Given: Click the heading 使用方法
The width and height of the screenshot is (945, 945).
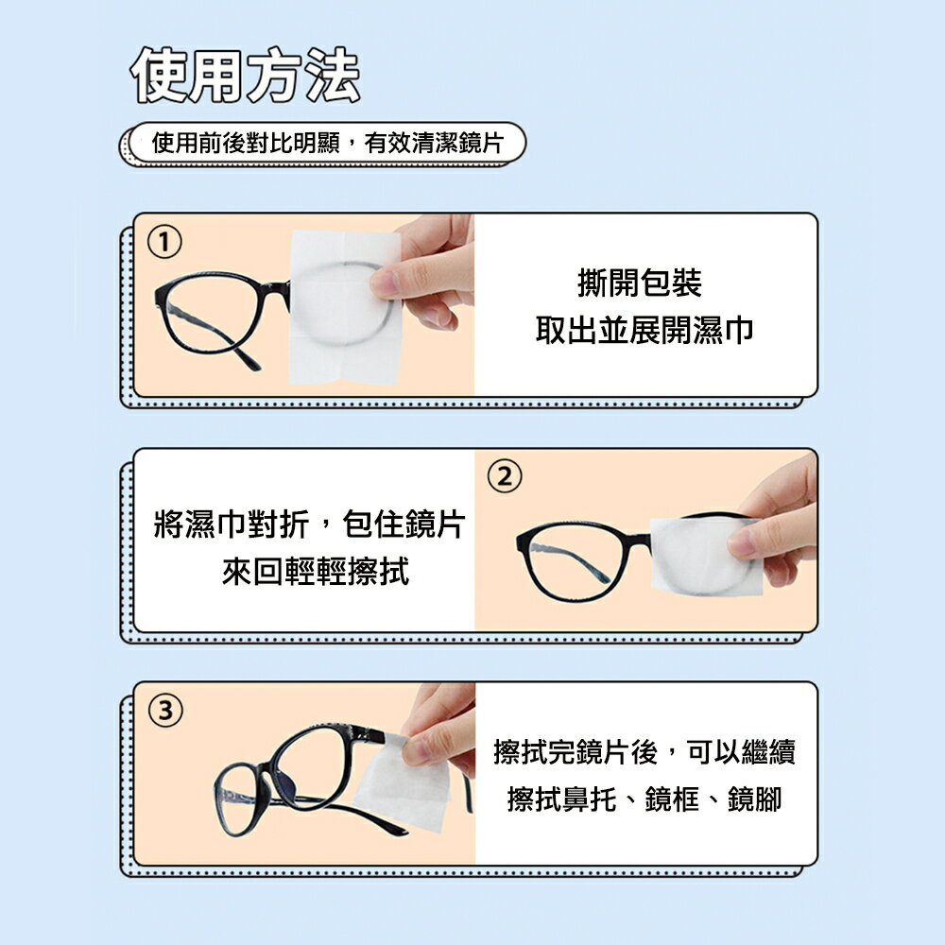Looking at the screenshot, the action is (x=245, y=75).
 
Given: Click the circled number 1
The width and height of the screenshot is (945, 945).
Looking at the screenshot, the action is (x=163, y=242).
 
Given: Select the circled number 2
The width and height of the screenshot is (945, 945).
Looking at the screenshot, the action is (x=505, y=476).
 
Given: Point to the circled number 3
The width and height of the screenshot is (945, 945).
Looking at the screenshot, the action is (x=165, y=711).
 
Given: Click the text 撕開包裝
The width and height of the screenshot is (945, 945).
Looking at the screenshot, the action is (x=640, y=283).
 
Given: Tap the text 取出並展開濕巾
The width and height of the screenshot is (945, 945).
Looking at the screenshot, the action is (x=644, y=330).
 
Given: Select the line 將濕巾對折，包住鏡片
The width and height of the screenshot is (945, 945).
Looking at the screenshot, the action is (x=310, y=524).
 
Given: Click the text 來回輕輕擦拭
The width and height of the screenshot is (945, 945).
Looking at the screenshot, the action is (x=316, y=572).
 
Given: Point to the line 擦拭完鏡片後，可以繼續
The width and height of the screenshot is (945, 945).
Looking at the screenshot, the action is (x=644, y=751).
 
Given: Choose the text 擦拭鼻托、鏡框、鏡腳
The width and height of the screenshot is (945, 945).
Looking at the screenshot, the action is (x=644, y=799).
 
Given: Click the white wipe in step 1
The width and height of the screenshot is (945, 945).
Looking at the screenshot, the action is (x=345, y=307).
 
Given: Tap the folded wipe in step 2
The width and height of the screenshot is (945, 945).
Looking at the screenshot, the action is (x=705, y=555).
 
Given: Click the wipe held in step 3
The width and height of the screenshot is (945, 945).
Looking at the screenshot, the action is (x=404, y=783).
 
